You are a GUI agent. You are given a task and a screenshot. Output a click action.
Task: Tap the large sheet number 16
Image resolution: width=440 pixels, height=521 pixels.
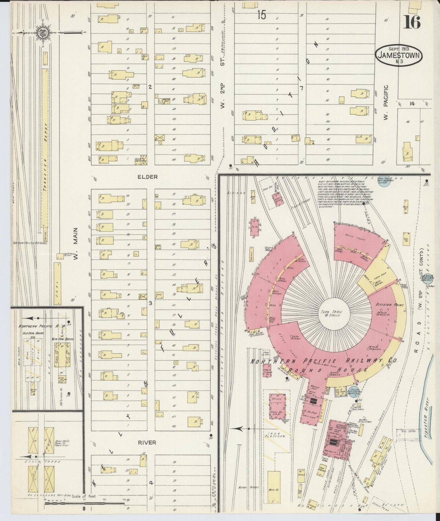pos(412,22)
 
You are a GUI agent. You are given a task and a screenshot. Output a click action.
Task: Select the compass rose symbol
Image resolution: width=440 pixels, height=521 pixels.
pos(41,32)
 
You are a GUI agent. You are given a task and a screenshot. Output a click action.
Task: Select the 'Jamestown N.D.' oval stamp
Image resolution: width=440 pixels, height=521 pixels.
pos(399,55)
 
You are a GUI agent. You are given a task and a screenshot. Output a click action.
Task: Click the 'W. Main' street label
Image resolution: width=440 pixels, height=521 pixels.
pos(76,244)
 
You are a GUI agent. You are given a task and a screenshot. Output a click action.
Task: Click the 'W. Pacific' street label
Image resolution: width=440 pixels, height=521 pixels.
pos(386,102)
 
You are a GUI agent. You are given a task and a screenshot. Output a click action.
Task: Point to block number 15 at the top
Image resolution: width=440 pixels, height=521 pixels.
pos(261,15)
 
